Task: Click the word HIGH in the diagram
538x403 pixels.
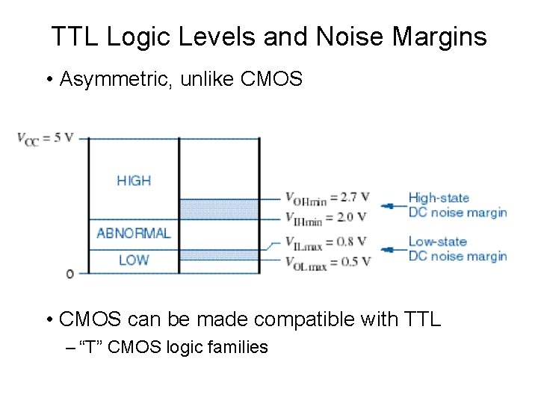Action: coord(134,181)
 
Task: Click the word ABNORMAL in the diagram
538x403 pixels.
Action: coord(134,233)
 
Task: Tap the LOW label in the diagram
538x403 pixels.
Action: coord(134,260)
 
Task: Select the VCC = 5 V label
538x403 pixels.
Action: coord(44,138)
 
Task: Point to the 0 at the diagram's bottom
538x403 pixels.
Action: coord(70,274)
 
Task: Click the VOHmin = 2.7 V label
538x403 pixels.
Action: coord(327,198)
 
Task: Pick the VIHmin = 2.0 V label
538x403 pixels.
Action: coord(326,217)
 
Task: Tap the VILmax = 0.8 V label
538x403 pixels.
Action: coord(326,241)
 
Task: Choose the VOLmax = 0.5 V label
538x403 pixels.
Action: coord(326,260)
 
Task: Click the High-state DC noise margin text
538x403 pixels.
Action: coord(457,205)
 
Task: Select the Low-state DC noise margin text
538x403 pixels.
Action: coord(457,249)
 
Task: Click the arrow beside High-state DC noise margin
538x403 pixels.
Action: coord(389,205)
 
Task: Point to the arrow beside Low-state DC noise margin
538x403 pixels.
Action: coord(389,249)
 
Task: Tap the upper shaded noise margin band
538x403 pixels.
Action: coord(219,208)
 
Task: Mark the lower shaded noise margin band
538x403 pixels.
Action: coord(219,254)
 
